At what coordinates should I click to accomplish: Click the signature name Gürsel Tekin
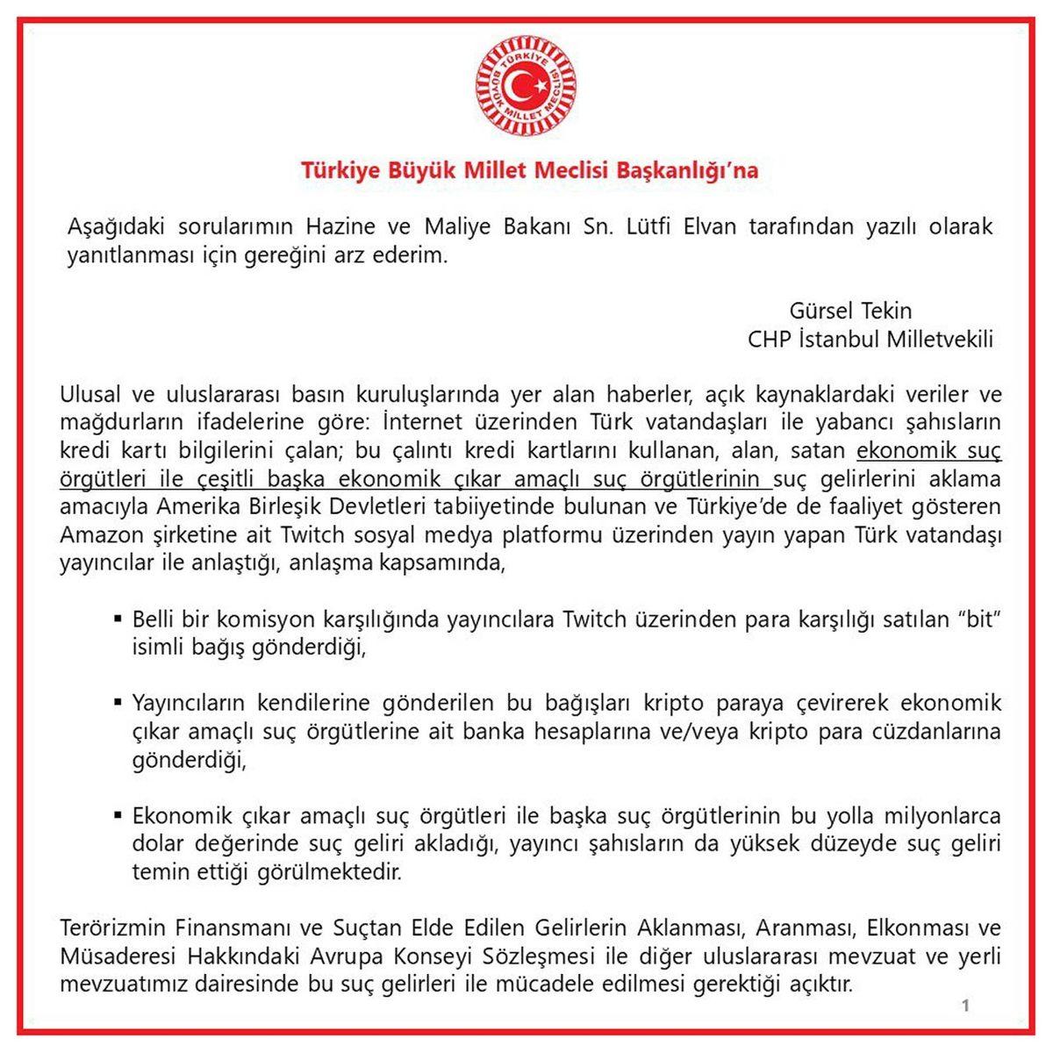pos(850,311)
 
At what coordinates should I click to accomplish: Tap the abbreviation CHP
pos(769,339)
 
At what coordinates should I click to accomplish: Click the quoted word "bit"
pos(977,620)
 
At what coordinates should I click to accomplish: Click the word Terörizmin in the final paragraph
pos(110,928)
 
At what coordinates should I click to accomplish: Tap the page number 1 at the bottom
pos(965,1006)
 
